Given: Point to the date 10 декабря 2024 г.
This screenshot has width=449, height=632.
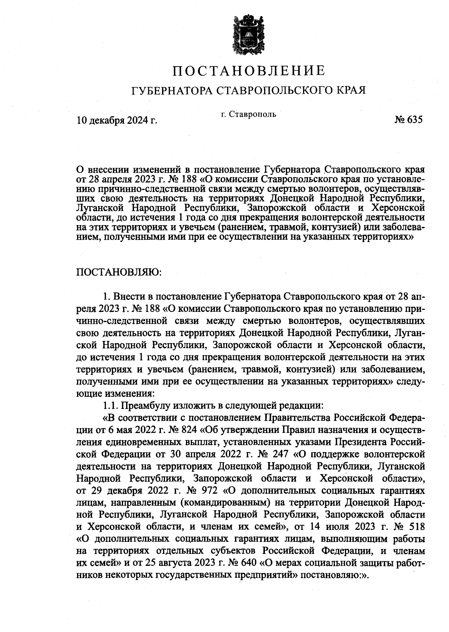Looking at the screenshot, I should tap(116, 120).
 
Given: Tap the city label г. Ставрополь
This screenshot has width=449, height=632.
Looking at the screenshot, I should tap(248, 114).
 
